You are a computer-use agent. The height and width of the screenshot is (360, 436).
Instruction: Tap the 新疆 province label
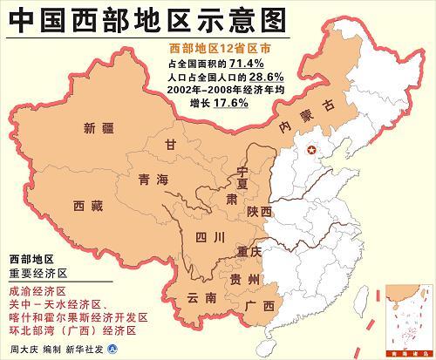(x=99, y=131)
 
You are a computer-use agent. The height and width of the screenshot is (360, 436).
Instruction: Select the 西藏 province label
(x=88, y=206)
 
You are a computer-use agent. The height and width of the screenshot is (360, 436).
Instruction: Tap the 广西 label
(x=260, y=306)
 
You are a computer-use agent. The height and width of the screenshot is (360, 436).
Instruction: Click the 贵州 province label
(x=244, y=279)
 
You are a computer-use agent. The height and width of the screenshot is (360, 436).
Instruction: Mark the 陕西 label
(x=259, y=212)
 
